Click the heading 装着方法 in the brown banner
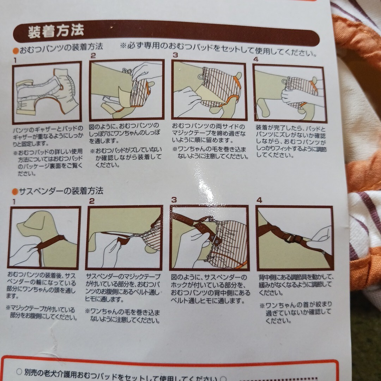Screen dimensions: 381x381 pyautogui.click(x=56, y=31)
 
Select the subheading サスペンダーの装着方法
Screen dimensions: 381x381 pyautogui.click(x=61, y=191)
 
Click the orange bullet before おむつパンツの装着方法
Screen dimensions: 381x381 pyautogui.click(x=16, y=51)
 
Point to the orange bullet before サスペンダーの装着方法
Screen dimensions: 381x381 pyautogui.click(x=15, y=192)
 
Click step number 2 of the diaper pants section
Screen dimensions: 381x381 pyautogui.click(x=93, y=56)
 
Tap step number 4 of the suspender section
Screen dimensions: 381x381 pyautogui.click(x=259, y=200)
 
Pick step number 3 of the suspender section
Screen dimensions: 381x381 pyautogui.click(x=174, y=200)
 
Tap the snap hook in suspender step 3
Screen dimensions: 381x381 pyautogui.click(x=215, y=241)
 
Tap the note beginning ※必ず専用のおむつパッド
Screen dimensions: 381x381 pyautogui.click(x=218, y=49)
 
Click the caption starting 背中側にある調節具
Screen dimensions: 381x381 pyautogui.click(x=296, y=285)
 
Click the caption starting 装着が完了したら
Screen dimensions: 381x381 pyautogui.click(x=291, y=142)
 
